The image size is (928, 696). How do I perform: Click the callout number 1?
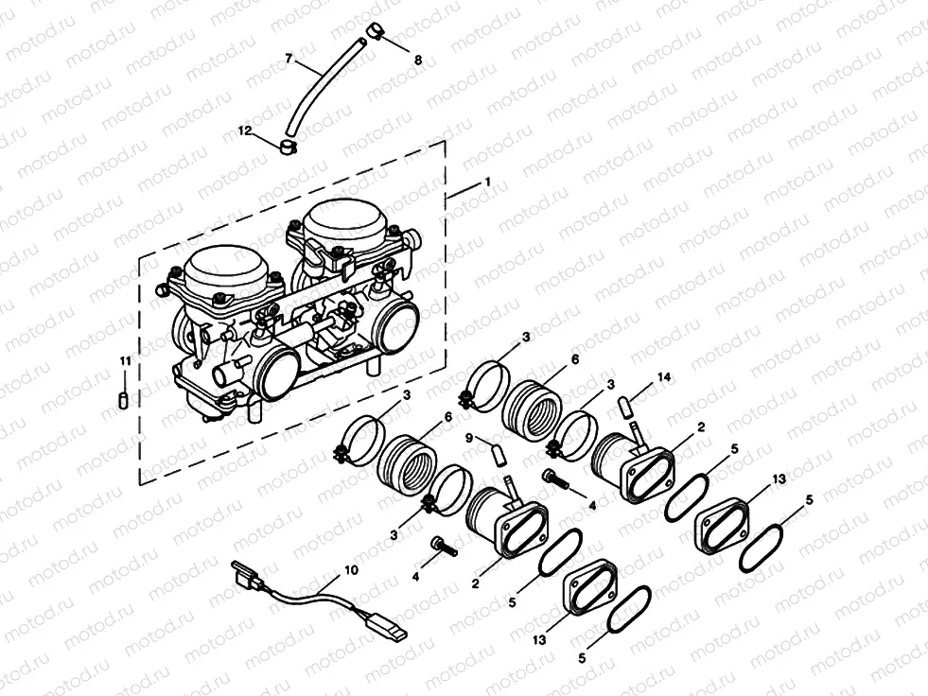[x=486, y=181]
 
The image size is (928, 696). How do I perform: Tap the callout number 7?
[x=289, y=60]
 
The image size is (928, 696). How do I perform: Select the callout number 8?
[x=417, y=60]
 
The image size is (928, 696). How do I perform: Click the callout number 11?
[x=124, y=360]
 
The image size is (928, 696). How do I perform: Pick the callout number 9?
[x=467, y=437]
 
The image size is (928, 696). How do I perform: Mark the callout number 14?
[x=663, y=377]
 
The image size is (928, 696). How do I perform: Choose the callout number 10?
[x=351, y=570]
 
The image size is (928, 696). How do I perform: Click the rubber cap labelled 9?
[x=496, y=457]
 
